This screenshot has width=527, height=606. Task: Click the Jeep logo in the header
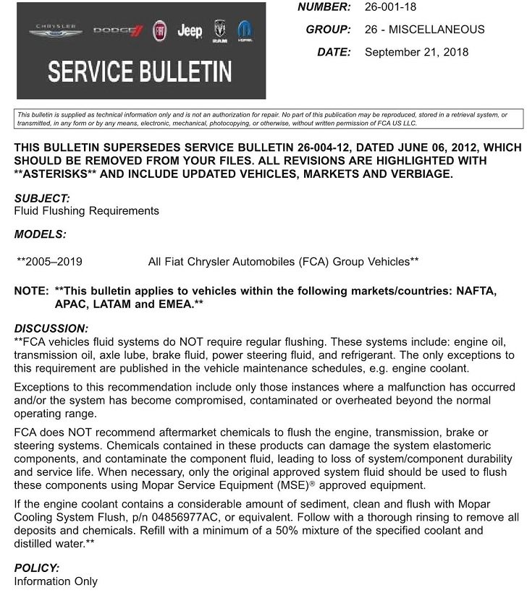pyautogui.click(x=190, y=31)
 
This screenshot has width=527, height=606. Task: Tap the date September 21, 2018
pyautogui.click(x=416, y=51)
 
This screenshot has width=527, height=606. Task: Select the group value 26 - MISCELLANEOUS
pyautogui.click(x=424, y=30)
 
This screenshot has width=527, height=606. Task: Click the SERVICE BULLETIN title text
pyautogui.click(x=140, y=72)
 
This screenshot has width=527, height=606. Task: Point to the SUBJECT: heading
pyautogui.click(x=42, y=197)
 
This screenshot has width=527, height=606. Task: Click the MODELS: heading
pyautogui.click(x=40, y=234)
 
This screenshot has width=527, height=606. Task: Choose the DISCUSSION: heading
pyautogui.click(x=51, y=328)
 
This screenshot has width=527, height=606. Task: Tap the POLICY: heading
pyautogui.click(x=36, y=568)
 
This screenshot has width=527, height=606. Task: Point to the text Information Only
pyautogui.click(x=56, y=581)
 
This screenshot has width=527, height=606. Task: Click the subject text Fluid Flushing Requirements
pyautogui.click(x=86, y=210)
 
